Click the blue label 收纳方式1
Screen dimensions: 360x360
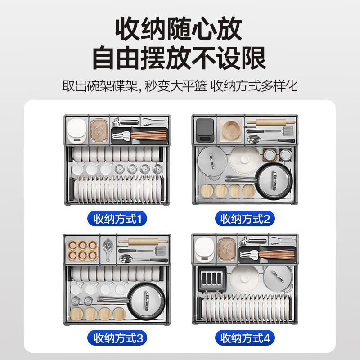[117, 219]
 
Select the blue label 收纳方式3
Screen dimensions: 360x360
[117, 337]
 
